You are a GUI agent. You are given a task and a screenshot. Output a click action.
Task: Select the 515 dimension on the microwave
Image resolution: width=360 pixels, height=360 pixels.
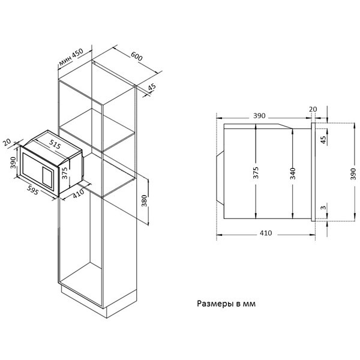(54, 144)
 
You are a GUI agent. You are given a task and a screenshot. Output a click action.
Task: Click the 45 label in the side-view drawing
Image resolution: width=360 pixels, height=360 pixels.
(323, 139)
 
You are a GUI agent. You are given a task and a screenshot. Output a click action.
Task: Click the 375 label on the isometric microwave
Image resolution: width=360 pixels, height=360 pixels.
(65, 173)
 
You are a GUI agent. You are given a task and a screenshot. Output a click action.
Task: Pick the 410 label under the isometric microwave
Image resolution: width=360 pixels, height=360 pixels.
(77, 194)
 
